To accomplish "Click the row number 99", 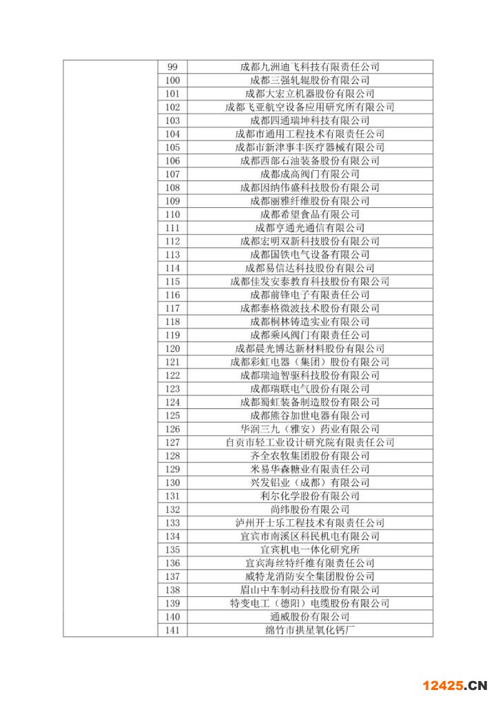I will pyautogui.click(x=172, y=67).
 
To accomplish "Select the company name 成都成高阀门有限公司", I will pyautogui.click(x=310, y=174).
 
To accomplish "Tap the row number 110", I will pyautogui.click(x=172, y=214).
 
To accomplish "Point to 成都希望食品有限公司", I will pyautogui.click(x=310, y=214).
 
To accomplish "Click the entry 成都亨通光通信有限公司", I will pyautogui.click(x=310, y=228).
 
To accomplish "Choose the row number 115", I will pyautogui.click(x=172, y=282).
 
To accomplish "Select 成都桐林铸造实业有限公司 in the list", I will pyautogui.click(x=310, y=322).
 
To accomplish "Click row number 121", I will pyautogui.click(x=172, y=362).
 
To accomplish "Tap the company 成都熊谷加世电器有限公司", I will pyautogui.click(x=310, y=416).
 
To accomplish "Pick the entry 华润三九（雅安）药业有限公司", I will pyautogui.click(x=310, y=429).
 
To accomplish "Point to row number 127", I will pyautogui.click(x=172, y=442).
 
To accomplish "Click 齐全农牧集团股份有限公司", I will pyautogui.click(x=310, y=456).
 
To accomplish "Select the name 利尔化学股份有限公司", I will pyautogui.click(x=310, y=496).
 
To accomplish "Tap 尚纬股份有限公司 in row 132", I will pyautogui.click(x=310, y=510).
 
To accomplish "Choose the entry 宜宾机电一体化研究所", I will pyautogui.click(x=310, y=550).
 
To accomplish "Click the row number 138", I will pyautogui.click(x=172, y=590).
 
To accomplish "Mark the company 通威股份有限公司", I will pyautogui.click(x=310, y=617).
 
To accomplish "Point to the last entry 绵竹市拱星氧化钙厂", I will pyautogui.click(x=310, y=630).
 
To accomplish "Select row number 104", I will pyautogui.click(x=172, y=134).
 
